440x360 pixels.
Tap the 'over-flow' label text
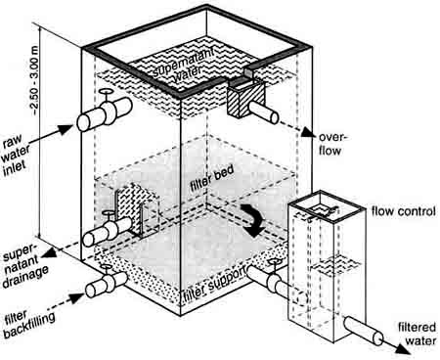coord(331,144)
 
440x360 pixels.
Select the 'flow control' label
coord(404,211)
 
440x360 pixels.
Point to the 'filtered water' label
coord(417,334)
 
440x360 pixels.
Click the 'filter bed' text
coord(212,179)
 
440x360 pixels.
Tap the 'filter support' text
coord(215,285)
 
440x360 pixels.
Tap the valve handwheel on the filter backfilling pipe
coord(107,267)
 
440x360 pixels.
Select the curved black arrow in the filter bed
coord(251,220)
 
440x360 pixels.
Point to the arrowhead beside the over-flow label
coord(308,132)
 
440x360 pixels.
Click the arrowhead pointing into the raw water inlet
coord(65,128)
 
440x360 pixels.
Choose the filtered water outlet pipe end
coord(378,338)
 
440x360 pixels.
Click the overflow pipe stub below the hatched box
coord(263,112)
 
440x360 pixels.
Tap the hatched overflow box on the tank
coord(244,99)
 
